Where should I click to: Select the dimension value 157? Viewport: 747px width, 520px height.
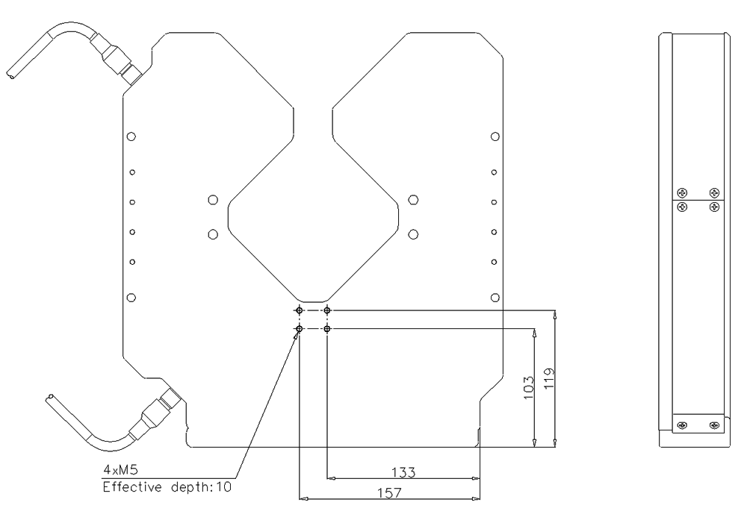(x=390, y=493)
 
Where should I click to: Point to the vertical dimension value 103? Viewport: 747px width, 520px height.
(x=529, y=386)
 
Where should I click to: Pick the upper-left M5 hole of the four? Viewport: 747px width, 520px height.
(x=300, y=310)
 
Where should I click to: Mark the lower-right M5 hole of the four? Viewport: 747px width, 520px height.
(x=327, y=328)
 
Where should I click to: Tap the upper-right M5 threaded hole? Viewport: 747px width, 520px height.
(x=327, y=310)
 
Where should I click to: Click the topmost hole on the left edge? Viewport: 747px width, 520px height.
(x=131, y=137)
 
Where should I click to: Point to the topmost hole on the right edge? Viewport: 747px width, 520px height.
(x=495, y=137)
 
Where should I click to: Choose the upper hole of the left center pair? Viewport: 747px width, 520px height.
(x=213, y=200)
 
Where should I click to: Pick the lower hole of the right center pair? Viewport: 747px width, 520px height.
(x=413, y=234)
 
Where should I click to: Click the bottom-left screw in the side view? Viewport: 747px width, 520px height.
(x=681, y=426)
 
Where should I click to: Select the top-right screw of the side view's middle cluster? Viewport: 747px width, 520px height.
(x=715, y=192)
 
